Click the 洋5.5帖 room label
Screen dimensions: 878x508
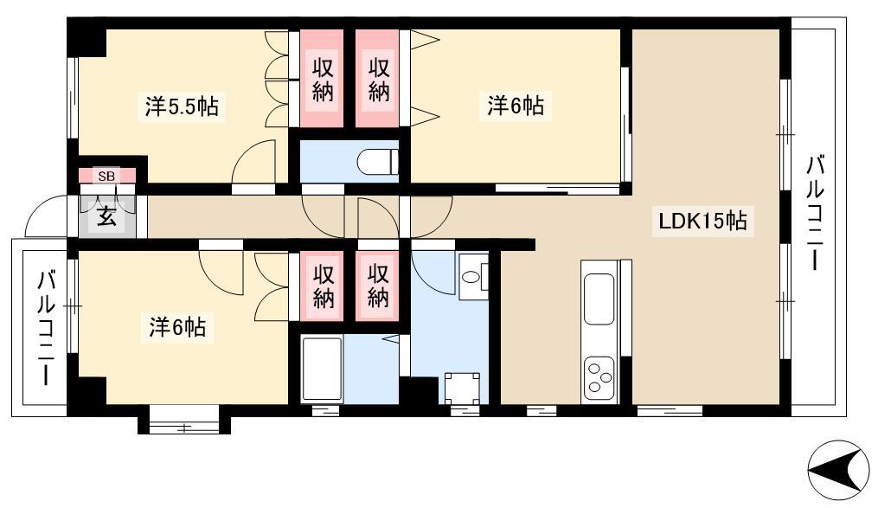[182, 106]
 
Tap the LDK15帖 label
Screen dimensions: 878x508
[702, 221]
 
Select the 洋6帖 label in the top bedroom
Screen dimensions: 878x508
[516, 106]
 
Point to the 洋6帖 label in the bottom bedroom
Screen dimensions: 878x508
[177, 327]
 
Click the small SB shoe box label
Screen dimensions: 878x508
[106, 176]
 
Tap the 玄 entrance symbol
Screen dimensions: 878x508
[106, 216]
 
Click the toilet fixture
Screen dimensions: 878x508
[377, 162]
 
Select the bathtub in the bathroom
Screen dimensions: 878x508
[322, 369]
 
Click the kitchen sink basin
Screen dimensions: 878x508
[599, 299]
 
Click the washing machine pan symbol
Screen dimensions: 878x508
[462, 388]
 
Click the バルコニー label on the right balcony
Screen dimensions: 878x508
[815, 214]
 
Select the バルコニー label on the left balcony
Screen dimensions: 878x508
[47, 328]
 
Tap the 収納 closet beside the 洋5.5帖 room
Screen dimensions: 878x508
[322, 79]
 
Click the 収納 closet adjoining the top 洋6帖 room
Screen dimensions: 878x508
[378, 79]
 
